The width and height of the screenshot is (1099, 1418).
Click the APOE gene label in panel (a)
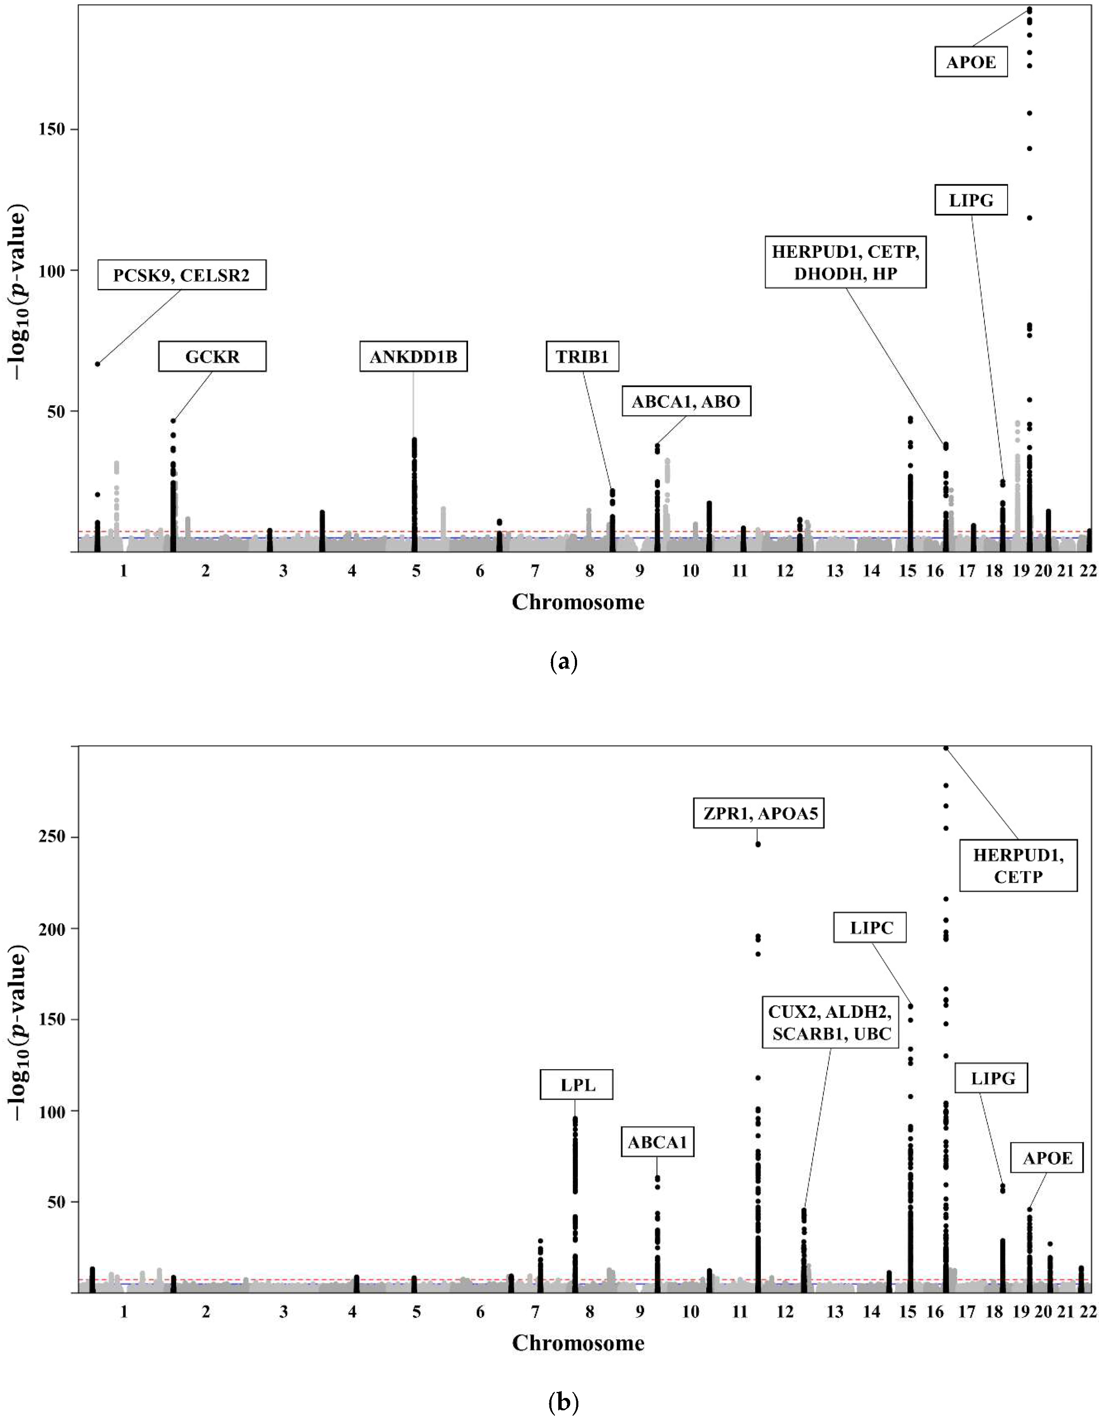(970, 62)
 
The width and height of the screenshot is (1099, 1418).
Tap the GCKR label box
(212, 357)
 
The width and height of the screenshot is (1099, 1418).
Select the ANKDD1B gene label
(413, 357)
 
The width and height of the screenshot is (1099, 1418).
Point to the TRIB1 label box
(582, 357)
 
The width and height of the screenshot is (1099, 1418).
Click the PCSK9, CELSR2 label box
(181, 275)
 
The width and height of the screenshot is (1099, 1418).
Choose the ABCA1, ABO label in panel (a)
(686, 401)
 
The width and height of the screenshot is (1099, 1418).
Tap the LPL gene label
(577, 1085)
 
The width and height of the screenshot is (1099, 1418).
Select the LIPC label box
(870, 928)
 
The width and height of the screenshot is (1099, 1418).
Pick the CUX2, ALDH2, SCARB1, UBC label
(830, 1023)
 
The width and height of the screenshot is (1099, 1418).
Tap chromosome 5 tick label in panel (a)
(416, 571)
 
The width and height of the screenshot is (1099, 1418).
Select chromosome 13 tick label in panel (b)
(835, 1312)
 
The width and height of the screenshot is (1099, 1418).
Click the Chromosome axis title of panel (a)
(578, 602)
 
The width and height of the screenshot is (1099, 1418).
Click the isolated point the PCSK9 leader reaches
(97, 364)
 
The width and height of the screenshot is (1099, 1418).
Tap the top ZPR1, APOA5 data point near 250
(757, 844)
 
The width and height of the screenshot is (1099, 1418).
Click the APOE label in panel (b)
(1047, 1158)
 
